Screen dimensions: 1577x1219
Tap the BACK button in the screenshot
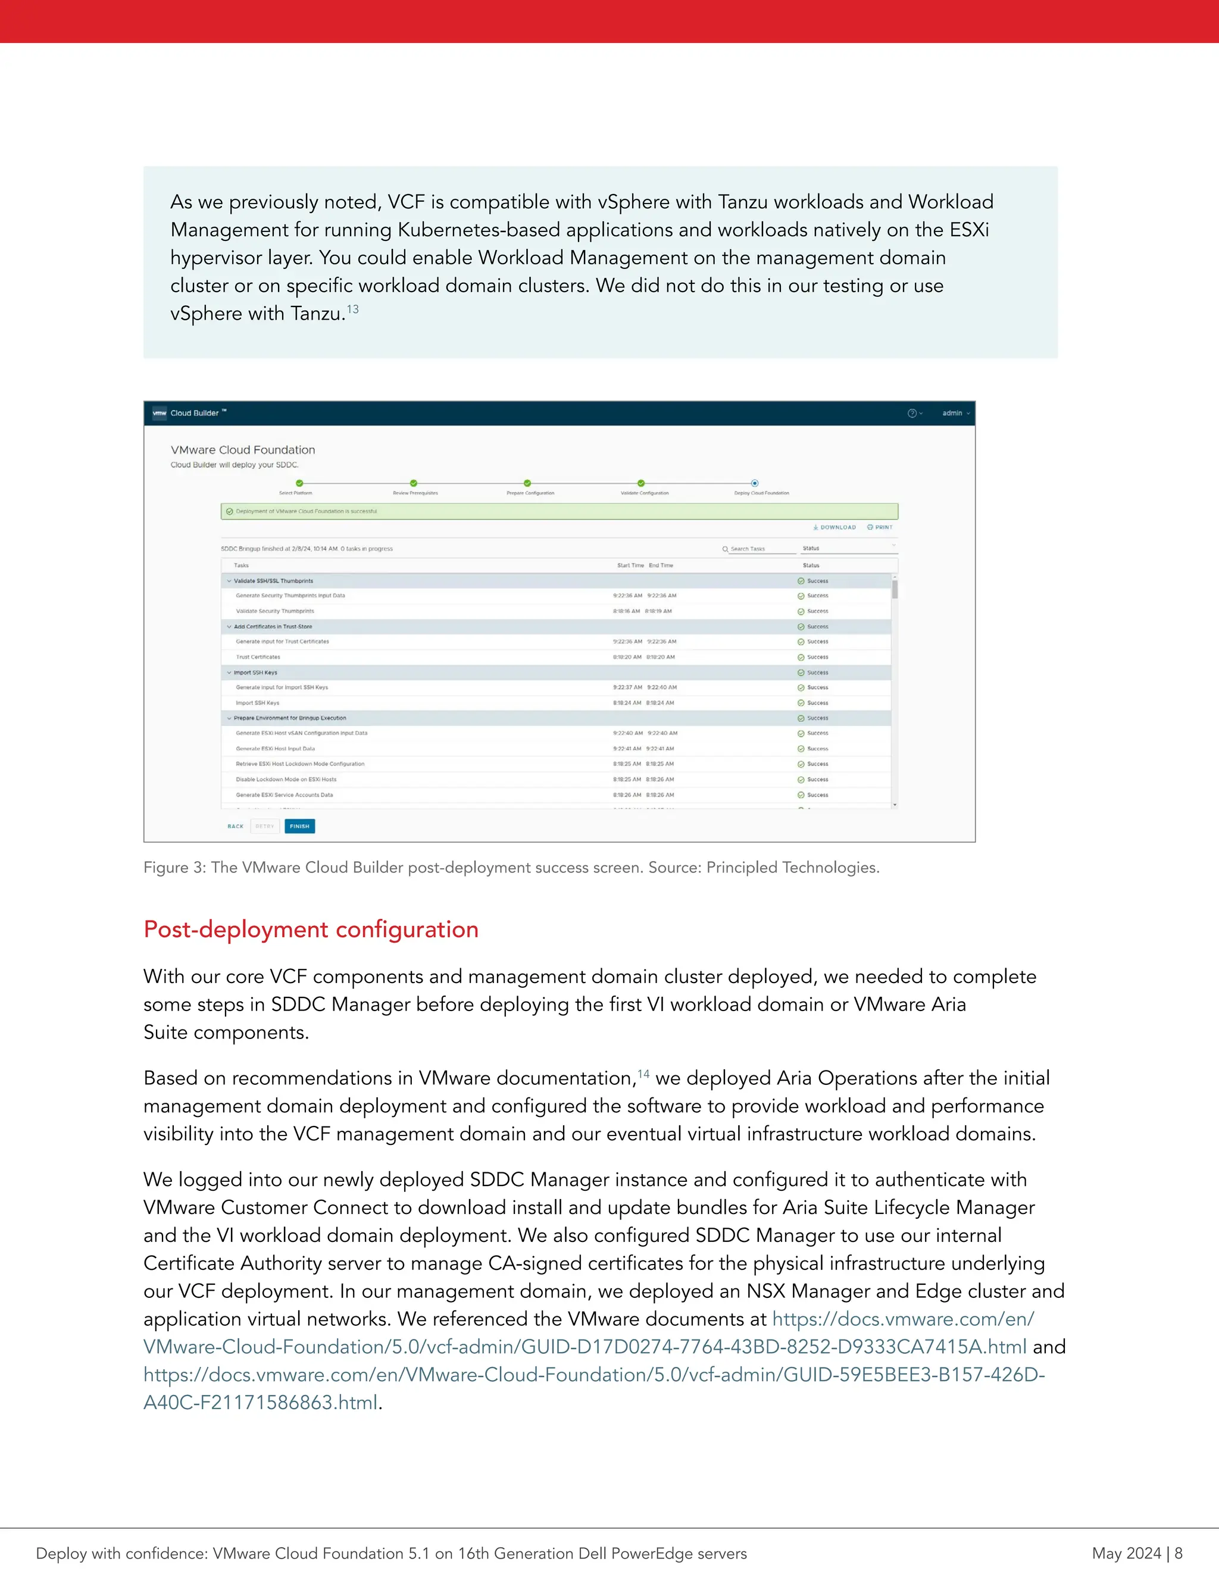point(236,826)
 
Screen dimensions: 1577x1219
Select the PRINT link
point(880,527)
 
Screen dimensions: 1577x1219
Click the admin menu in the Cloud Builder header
point(955,413)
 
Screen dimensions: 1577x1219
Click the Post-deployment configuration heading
point(311,930)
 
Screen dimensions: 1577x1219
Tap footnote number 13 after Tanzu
point(352,309)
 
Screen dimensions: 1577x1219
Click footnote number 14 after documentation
point(643,1074)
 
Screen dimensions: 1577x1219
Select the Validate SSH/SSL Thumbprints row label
point(273,581)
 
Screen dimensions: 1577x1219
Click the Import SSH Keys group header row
point(255,672)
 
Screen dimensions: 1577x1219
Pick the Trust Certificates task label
point(258,657)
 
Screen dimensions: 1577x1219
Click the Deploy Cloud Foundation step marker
point(755,483)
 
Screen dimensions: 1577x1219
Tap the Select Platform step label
point(295,493)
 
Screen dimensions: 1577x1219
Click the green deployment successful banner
point(559,511)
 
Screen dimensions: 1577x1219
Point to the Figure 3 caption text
point(511,867)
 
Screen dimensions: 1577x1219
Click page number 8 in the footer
point(1178,1553)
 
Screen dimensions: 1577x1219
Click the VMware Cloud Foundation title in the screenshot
point(243,450)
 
